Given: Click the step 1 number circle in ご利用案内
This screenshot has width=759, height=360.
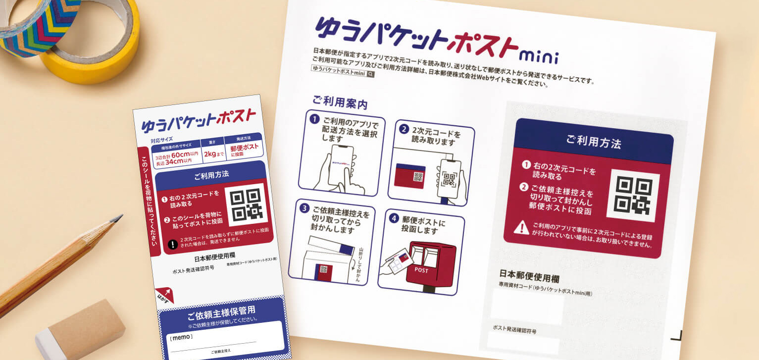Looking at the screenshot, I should (x=314, y=119).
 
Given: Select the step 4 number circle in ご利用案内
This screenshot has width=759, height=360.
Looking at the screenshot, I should (x=394, y=217).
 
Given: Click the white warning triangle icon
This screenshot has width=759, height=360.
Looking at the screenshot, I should (x=521, y=228).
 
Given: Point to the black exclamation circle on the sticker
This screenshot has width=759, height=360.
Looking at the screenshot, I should (x=173, y=244).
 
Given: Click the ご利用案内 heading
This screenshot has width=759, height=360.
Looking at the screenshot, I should (x=340, y=103).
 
